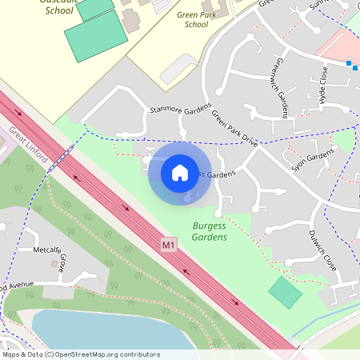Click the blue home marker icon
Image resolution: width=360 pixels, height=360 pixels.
180,172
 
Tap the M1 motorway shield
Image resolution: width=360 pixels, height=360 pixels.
168,243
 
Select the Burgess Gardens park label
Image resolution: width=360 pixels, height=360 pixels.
210,232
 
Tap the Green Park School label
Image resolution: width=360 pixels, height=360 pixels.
185,20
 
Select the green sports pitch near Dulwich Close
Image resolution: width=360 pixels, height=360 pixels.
285,292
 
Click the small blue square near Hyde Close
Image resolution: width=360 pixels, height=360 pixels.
350,62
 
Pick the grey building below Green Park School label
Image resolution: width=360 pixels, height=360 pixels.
179,70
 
